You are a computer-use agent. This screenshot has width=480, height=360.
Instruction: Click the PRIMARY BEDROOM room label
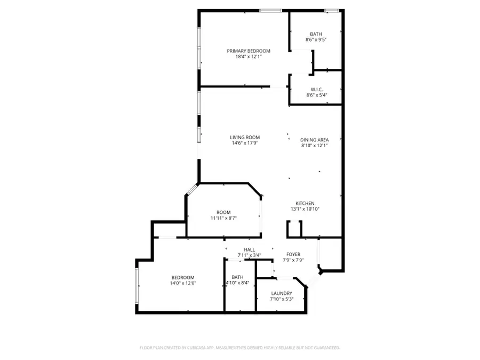[x=249, y=51]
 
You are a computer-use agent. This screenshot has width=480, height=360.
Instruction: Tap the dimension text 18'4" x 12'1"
[x=249, y=57]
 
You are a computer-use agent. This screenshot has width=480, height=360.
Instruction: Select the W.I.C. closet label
[x=316, y=89]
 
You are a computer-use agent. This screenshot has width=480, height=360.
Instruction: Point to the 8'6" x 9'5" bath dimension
[x=316, y=39]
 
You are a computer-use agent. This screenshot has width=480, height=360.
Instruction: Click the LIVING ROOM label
[x=245, y=137]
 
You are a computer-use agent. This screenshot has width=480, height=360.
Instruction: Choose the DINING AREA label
[x=314, y=140]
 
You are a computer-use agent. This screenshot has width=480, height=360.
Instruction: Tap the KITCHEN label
[x=305, y=203]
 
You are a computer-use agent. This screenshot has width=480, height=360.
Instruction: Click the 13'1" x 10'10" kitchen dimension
[x=305, y=209]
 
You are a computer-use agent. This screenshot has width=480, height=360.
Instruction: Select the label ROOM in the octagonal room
[x=223, y=212]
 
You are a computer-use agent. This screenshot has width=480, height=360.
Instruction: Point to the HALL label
[x=249, y=250]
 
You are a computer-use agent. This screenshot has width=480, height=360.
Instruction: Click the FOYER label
[x=293, y=254]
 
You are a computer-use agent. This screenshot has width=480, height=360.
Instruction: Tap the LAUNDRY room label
[x=281, y=293]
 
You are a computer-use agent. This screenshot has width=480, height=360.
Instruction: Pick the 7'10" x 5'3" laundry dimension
[x=281, y=299]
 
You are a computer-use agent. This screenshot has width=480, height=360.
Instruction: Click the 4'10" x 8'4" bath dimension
[x=237, y=283]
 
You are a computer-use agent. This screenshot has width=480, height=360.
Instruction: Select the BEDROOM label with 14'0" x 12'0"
[x=183, y=277]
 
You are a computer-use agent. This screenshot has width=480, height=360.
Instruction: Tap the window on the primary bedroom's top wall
[x=270, y=10]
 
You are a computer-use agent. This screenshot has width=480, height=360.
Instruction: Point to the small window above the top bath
[x=332, y=10]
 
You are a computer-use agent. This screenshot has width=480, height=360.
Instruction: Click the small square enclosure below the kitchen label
[x=294, y=229]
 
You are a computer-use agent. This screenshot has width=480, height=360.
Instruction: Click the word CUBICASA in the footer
[x=196, y=347]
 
